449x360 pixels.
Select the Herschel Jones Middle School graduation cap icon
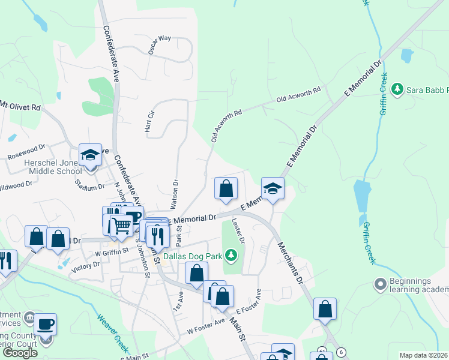pyautogui.click(x=90, y=155)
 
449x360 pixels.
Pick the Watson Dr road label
pyautogui.click(x=176, y=194)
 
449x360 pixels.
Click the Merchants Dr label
pyautogui.click(x=291, y=262)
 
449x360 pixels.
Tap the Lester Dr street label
pyautogui.click(x=238, y=232)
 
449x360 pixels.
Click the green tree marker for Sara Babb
pyautogui.click(x=396, y=90)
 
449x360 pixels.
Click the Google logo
pyautogui.click(x=20, y=353)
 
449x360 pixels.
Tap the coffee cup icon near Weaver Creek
pyautogui.click(x=46, y=324)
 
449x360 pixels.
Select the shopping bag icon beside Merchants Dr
pyautogui.click(x=325, y=309)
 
